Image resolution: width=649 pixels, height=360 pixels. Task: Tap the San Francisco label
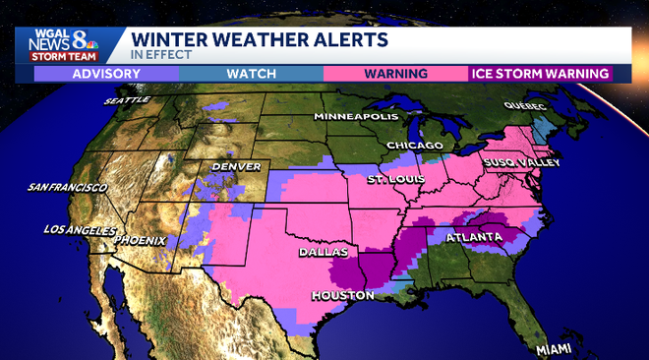coord(67,187)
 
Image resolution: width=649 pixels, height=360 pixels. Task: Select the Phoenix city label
coord(140,240)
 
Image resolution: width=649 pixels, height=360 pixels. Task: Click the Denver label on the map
coord(236,167)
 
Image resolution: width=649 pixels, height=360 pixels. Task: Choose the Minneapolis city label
coord(355,117)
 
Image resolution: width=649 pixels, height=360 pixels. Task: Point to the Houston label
coord(344,295)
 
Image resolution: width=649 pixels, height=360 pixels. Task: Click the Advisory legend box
coord(99,74)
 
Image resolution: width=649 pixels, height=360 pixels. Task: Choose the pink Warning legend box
coord(395,74)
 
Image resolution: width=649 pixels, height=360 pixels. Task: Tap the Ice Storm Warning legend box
coord(539,74)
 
